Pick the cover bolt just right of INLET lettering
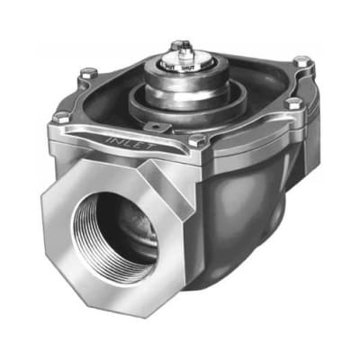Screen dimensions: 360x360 click(x=197, y=140)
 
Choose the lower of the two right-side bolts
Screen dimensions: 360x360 click(x=292, y=104)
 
